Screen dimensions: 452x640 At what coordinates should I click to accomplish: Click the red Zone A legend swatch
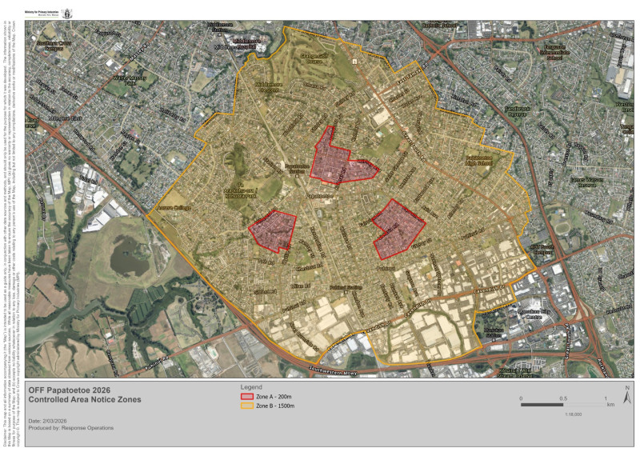246,396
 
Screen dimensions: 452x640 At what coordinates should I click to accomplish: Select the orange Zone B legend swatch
246,406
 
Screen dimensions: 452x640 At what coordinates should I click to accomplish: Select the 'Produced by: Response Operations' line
70,428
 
